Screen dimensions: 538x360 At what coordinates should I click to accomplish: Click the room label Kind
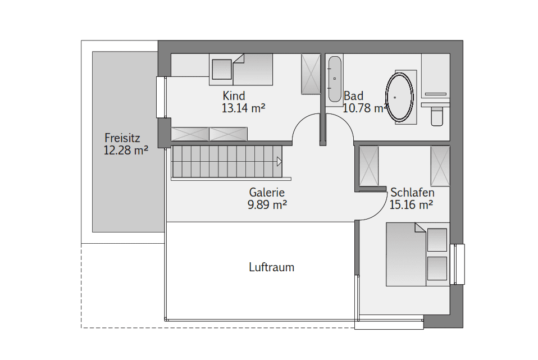tap(234, 95)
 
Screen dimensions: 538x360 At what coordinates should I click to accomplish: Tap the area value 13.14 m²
tap(243, 108)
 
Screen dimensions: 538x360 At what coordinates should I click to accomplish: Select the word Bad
tap(353, 95)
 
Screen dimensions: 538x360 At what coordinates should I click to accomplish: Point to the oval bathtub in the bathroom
tap(399, 97)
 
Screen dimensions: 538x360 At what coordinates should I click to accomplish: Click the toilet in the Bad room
tap(437, 116)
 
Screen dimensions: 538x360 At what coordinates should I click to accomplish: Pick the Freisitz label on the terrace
tap(122, 138)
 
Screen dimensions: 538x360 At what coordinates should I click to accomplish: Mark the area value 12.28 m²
tap(126, 151)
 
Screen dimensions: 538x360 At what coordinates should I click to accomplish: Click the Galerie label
tap(267, 192)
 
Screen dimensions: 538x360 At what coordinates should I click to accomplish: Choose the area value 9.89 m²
tap(267, 205)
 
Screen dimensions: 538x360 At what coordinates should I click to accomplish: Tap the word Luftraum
tap(272, 267)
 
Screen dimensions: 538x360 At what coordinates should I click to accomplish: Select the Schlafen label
tap(412, 192)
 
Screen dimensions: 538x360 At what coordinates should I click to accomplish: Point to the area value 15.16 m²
tap(411, 205)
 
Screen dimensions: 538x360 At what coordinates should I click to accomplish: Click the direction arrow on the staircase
tap(279, 161)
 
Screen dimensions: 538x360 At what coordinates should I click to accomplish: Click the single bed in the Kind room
tap(241, 69)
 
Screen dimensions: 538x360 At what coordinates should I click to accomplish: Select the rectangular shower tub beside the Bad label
tap(335, 79)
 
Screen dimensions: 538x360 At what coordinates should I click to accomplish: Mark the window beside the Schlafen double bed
tap(457, 265)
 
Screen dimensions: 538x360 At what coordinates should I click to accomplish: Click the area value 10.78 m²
tap(366, 108)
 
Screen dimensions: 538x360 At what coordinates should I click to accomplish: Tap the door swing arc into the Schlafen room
tap(379, 210)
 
